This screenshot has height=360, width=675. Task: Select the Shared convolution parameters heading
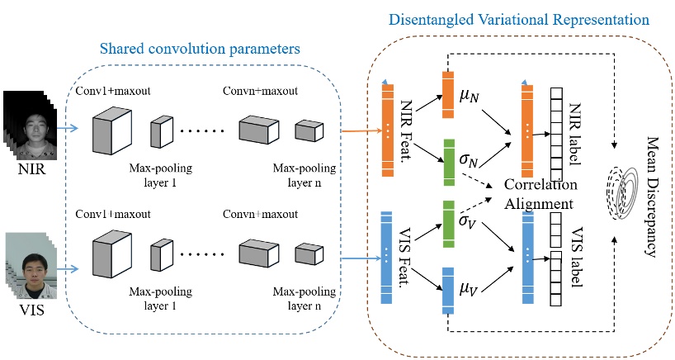click(199, 50)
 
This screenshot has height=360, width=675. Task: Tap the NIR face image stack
click(30, 127)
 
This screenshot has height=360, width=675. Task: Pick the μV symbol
click(469, 290)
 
